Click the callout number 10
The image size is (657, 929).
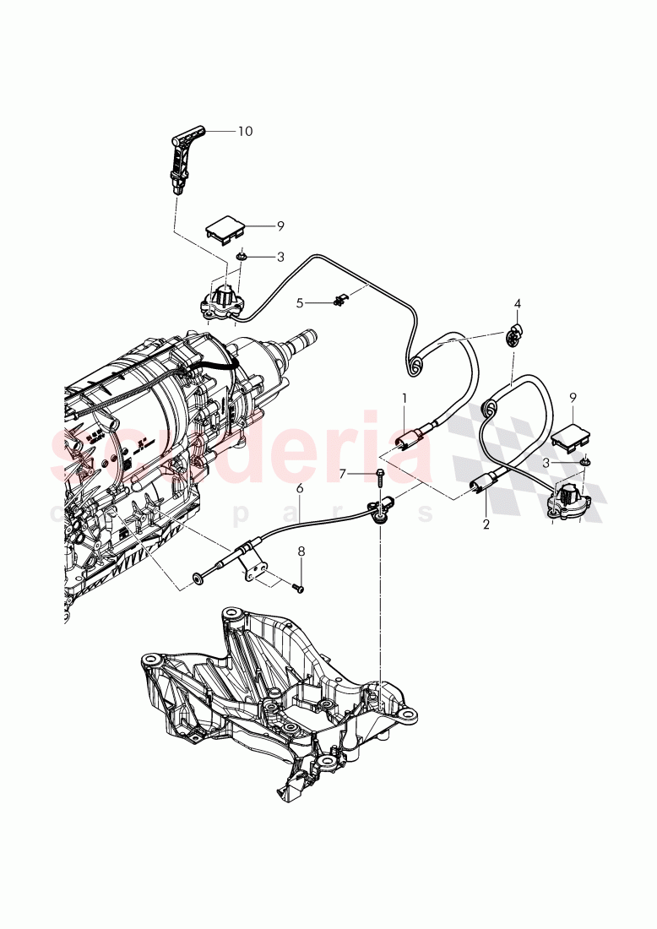click(x=245, y=131)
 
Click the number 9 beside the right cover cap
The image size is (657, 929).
click(x=573, y=396)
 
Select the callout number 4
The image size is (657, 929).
click(x=518, y=303)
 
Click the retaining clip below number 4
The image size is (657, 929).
click(x=513, y=337)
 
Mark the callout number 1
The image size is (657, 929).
click(x=405, y=397)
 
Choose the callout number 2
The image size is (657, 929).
click(x=486, y=524)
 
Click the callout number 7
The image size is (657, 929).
click(x=343, y=474)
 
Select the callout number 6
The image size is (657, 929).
click(x=299, y=488)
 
